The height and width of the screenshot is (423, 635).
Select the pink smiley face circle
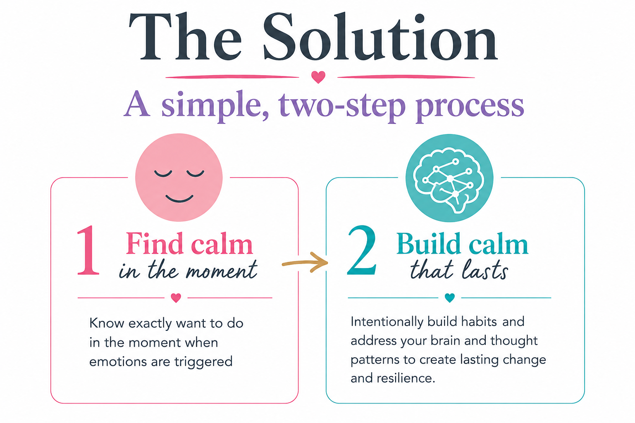click(179, 177)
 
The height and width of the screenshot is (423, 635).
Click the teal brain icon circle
click(449, 178)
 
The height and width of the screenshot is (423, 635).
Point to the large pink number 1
click(88, 250)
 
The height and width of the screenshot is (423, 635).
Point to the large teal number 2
click(362, 250)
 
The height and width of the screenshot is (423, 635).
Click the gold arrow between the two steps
click(305, 263)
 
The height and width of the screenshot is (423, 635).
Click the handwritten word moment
click(222, 271)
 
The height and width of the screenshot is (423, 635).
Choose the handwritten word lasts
click(485, 270)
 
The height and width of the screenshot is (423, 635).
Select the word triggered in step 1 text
click(203, 362)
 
